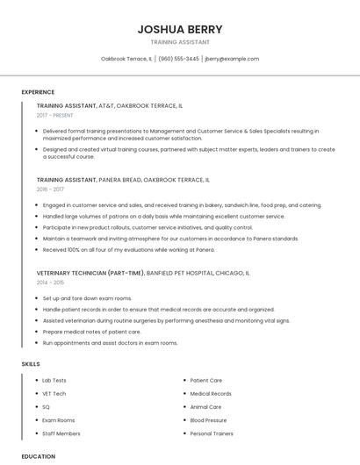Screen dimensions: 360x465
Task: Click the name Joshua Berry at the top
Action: (x=180, y=29)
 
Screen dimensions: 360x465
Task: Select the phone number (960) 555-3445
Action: (x=178, y=59)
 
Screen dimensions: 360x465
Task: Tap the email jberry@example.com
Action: (x=232, y=59)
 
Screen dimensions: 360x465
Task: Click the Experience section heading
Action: (x=38, y=92)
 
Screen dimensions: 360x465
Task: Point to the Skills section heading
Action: (x=31, y=363)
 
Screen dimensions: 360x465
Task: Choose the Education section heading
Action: (x=38, y=456)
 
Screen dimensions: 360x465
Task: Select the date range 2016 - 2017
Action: (x=50, y=189)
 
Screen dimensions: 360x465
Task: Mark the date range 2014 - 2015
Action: (x=50, y=283)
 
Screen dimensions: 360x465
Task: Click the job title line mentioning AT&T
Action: (x=110, y=105)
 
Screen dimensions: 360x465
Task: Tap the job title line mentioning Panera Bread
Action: (x=123, y=179)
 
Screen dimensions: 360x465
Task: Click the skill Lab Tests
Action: (x=54, y=381)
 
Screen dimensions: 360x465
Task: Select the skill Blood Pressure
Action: (x=208, y=420)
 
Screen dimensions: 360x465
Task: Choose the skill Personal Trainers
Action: (x=212, y=433)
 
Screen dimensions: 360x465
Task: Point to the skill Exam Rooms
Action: (x=59, y=420)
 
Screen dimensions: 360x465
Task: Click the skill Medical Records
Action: (x=211, y=394)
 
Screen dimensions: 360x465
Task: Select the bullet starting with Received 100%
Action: (x=128, y=249)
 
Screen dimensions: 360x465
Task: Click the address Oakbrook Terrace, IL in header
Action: (x=126, y=59)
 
